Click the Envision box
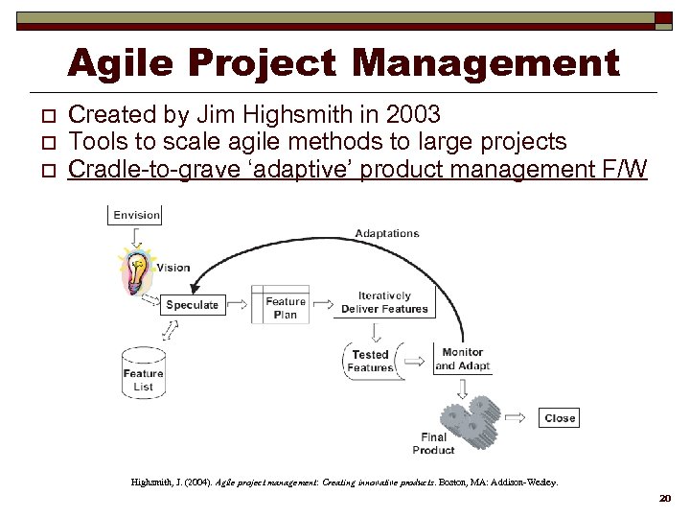point(136,215)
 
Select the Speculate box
point(192,305)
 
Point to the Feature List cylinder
point(144,373)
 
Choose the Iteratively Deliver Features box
point(384,302)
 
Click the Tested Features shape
point(370,361)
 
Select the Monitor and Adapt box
point(462,359)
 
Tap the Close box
point(559,417)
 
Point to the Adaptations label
point(387,233)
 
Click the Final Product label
point(433,444)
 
